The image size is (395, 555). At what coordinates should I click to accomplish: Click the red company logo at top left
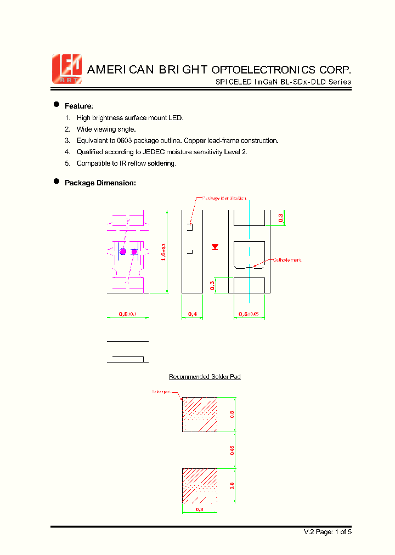tap(66, 69)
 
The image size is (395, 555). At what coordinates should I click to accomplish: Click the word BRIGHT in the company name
tap(183, 70)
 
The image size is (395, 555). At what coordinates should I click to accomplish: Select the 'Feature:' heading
tap(79, 106)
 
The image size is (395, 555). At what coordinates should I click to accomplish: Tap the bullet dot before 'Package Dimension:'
tap(56, 182)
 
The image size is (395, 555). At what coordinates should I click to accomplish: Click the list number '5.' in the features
tap(67, 163)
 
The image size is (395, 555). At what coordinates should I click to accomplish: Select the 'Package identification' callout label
tap(224, 198)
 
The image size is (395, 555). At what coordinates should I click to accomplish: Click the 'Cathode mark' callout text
tap(287, 260)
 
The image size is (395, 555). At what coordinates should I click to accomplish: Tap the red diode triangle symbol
tap(215, 247)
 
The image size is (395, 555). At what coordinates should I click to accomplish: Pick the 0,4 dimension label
tap(193, 314)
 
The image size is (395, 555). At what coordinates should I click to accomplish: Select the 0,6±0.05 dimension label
tap(250, 314)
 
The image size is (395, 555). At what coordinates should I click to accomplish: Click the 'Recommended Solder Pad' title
tap(205, 377)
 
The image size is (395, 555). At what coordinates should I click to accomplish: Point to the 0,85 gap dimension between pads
tap(232, 450)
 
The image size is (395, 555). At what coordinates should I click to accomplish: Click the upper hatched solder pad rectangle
tap(200, 414)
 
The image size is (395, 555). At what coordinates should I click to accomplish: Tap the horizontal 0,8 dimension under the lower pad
tap(199, 509)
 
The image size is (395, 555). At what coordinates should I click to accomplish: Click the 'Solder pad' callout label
tap(161, 392)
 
